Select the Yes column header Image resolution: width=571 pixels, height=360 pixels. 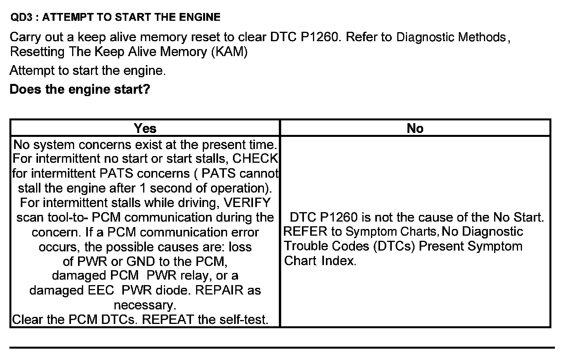click(x=145, y=128)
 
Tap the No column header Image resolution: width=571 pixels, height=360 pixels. click(x=415, y=128)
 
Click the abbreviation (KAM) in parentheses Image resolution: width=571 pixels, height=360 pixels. click(x=229, y=52)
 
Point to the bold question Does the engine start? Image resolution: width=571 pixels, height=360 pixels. click(x=80, y=89)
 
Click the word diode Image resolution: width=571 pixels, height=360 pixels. click(x=173, y=291)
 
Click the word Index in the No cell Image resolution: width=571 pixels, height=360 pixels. click(x=338, y=261)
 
